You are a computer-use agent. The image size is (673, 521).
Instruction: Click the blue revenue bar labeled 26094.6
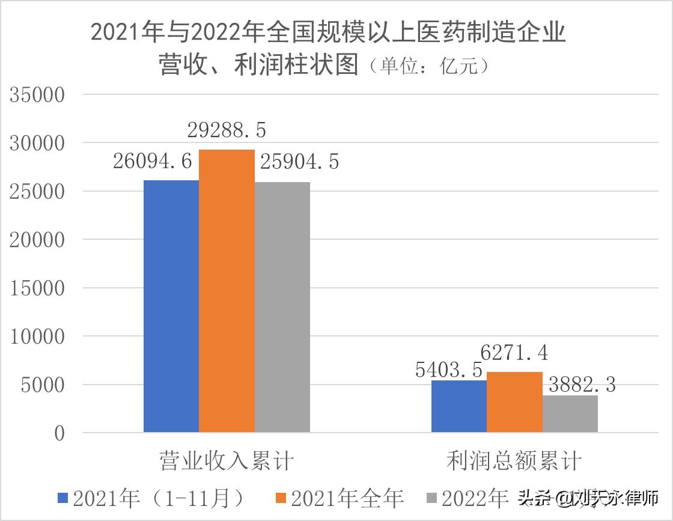[x=171, y=306]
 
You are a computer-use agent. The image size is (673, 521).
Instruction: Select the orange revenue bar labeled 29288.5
[x=227, y=291]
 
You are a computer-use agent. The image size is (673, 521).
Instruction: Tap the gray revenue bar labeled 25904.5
[x=282, y=307]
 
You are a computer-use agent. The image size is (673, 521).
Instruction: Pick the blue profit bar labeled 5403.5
[x=459, y=406]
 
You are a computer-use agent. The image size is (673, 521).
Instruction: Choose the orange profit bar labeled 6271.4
[x=514, y=402]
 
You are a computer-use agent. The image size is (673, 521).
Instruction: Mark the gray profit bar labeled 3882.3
[x=570, y=413]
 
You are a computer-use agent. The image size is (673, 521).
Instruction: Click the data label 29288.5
[x=226, y=130]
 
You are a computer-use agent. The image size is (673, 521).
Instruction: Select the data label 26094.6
[x=152, y=161]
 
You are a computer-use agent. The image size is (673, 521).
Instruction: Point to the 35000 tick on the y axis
[x=37, y=96]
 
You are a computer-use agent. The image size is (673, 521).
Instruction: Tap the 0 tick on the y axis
[x=59, y=433]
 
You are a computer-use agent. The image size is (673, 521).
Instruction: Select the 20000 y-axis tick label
[x=37, y=240]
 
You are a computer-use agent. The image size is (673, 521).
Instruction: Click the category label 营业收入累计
[x=227, y=462]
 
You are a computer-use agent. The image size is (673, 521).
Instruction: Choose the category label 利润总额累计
[x=514, y=462]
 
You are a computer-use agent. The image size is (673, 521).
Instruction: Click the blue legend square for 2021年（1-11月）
[x=63, y=498]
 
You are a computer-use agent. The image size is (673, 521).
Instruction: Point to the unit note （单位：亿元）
[x=429, y=65]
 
